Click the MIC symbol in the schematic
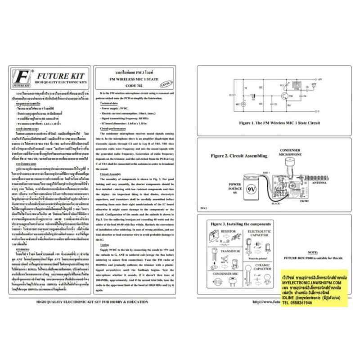[243, 104]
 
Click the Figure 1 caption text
[279, 122]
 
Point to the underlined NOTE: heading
[312, 253]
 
